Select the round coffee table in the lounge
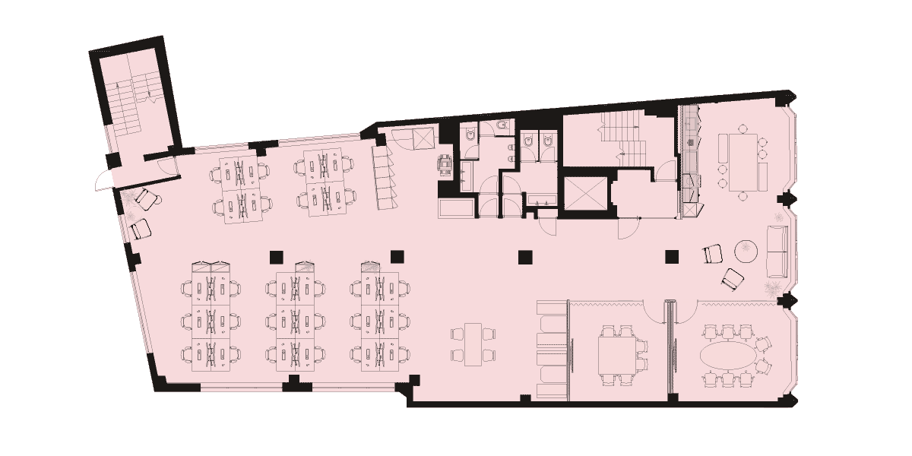pos(746,250)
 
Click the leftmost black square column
pos(277,256)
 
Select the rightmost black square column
pos(671,257)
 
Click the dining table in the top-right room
pos(741,161)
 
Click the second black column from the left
pos(396,256)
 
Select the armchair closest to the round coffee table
pos(713,253)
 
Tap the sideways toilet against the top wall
pos(502,125)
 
